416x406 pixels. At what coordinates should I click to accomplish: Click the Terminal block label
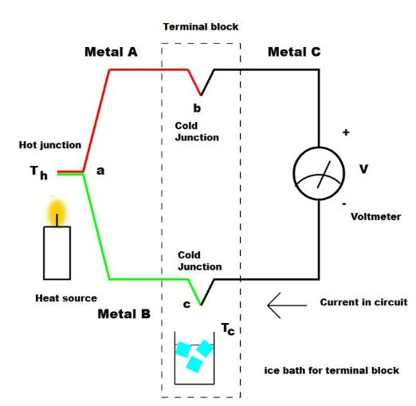coord(201,27)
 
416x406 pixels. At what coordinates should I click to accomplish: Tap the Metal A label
coord(111,52)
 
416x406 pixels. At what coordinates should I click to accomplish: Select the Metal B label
coord(124,314)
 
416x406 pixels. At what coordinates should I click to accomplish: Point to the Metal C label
coord(294,52)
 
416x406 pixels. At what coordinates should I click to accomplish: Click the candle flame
coord(57,212)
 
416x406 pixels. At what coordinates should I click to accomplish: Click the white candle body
coord(57,253)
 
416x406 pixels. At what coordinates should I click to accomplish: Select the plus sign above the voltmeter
coord(346,132)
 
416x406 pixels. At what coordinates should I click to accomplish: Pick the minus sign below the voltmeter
coord(344,204)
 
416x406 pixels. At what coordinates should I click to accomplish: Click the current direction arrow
coord(287,305)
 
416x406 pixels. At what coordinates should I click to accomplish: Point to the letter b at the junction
coord(197,108)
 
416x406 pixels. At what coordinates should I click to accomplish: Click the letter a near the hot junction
coord(100,171)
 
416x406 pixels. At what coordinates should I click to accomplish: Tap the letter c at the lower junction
coord(186,304)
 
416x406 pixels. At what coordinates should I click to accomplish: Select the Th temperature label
coord(39,172)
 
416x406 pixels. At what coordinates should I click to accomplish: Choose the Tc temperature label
coord(228,329)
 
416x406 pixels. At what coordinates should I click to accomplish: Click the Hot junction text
coord(50,145)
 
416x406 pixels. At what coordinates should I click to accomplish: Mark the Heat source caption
coord(66,298)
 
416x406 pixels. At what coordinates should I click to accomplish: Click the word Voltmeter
coord(375,217)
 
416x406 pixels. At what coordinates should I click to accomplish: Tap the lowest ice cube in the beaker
coord(194,365)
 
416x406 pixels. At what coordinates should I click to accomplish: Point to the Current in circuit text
coord(363,302)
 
